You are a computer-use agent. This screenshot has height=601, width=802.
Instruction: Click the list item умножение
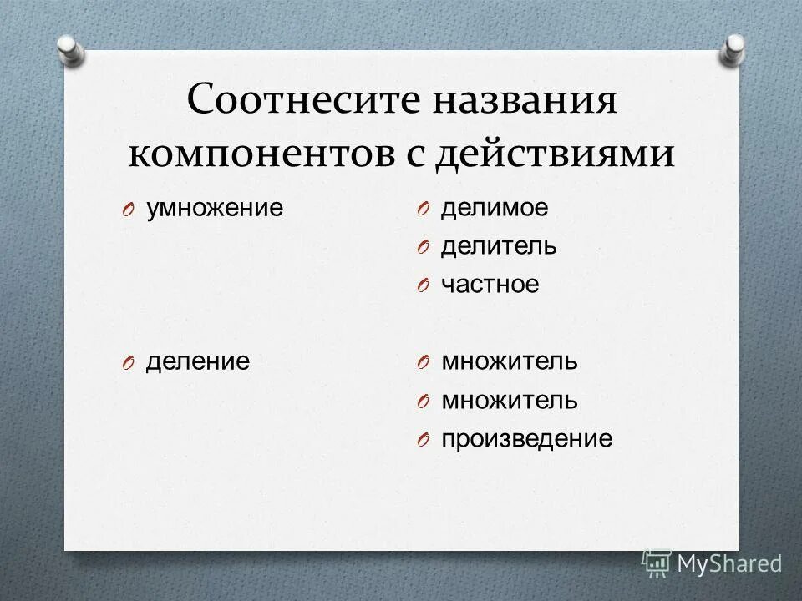click(x=215, y=208)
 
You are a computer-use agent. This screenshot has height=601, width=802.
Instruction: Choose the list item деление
click(x=198, y=361)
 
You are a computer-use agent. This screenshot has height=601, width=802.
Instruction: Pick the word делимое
click(x=495, y=208)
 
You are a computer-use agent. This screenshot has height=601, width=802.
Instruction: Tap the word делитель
click(x=499, y=246)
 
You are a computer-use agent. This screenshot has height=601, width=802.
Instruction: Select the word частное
click(x=490, y=285)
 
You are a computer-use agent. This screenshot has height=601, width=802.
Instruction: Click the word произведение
click(x=526, y=439)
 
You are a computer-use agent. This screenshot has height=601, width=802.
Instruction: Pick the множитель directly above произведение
click(x=509, y=400)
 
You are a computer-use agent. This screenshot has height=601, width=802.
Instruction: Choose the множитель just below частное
click(x=509, y=361)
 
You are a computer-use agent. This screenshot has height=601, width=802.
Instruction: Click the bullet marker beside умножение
click(x=127, y=210)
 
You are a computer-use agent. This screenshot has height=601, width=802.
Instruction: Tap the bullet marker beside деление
click(x=127, y=363)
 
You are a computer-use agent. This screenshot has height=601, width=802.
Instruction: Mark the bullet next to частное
click(x=423, y=286)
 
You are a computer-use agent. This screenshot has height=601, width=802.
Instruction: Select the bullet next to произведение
click(x=423, y=441)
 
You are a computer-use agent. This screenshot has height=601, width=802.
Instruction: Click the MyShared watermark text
click(x=728, y=563)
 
